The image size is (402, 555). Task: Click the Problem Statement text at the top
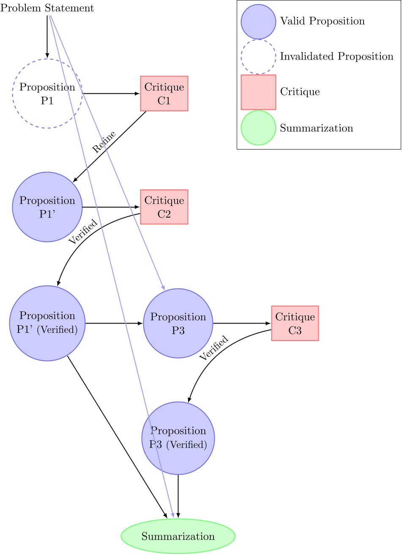pos(47,8)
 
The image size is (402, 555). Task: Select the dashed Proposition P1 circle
pos(47,93)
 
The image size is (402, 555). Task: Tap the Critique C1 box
pos(164,93)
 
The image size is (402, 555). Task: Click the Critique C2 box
pos(164,207)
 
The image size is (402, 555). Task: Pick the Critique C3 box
pos(295,323)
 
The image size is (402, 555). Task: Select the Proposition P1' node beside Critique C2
pos(47,207)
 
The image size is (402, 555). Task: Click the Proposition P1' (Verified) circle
pos(47,323)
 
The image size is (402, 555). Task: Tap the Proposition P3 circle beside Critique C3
pos(178,323)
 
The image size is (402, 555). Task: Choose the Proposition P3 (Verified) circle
pos(178,438)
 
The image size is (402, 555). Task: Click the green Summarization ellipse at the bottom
pos(178,536)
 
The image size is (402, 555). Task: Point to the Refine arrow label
pos(104,142)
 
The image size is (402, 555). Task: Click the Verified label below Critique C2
pos(83,231)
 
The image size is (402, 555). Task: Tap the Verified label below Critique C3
pos(214,348)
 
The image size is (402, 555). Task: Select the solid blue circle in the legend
pos(258,22)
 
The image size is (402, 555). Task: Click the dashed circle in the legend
pos(258,57)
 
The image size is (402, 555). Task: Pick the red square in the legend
pos(258,92)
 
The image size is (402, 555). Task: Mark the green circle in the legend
pos(258,128)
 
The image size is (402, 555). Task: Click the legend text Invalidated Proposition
pos(336,57)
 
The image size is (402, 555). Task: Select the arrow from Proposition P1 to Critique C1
pos(111,93)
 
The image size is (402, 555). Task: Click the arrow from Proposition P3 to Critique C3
pos(242,323)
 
